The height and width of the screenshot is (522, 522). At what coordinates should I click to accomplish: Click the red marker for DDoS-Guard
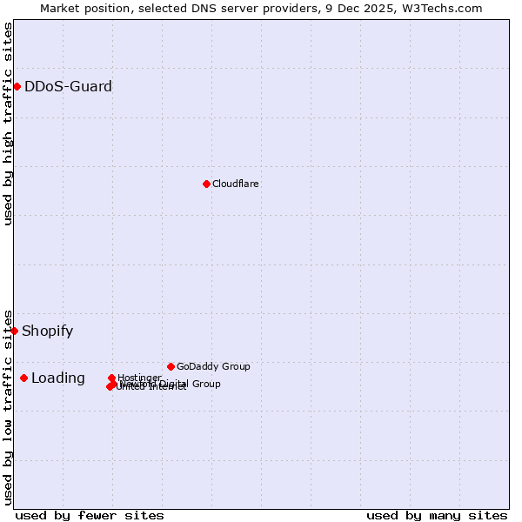[17, 86]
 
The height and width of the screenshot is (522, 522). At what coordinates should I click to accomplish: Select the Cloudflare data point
[206, 184]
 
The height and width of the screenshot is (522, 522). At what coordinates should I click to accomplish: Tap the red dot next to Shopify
[14, 331]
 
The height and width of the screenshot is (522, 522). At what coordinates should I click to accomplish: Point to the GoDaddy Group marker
[171, 366]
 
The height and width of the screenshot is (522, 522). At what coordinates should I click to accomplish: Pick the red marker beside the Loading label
[23, 378]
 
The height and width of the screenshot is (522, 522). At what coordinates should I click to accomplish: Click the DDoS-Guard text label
[68, 86]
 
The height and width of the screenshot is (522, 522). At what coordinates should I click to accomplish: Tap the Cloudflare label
[236, 184]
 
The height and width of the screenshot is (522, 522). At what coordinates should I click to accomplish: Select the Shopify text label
[47, 331]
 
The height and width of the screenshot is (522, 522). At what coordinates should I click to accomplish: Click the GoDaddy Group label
[213, 366]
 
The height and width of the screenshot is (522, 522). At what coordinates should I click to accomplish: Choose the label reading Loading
[58, 378]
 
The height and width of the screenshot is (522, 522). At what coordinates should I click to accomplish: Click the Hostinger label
[139, 378]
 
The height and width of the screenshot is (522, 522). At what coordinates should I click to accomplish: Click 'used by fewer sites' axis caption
[90, 515]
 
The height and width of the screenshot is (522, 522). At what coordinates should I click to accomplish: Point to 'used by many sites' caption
[437, 515]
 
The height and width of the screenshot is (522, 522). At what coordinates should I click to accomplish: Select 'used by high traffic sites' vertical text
[8, 124]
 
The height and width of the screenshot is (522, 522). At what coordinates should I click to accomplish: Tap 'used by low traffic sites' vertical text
[8, 407]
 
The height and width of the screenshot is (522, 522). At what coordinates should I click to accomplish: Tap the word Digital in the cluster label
[173, 384]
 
